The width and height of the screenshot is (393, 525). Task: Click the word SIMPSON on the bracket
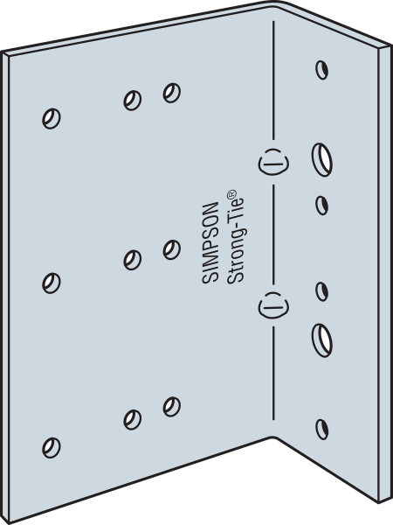(210, 242)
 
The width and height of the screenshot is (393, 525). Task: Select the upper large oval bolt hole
(322, 159)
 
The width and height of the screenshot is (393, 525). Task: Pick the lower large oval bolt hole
(322, 340)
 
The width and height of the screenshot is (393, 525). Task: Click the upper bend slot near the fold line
(273, 162)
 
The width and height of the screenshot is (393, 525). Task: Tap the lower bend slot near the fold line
(273, 305)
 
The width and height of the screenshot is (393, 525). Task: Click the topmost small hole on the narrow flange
(321, 70)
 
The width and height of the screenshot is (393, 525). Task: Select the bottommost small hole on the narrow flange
(321, 430)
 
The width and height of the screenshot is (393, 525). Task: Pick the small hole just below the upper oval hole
(321, 206)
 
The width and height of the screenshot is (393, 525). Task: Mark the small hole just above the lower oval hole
(321, 291)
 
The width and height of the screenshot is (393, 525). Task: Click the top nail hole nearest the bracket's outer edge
(52, 118)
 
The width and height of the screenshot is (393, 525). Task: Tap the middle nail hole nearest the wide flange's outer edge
(52, 283)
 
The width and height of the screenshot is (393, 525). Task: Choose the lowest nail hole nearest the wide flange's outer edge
(52, 448)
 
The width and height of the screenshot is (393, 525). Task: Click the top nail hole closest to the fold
(172, 93)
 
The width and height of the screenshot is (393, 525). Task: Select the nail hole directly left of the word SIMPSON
(172, 249)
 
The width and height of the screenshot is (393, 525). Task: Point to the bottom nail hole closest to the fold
(172, 407)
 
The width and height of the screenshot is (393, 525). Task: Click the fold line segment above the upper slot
(273, 80)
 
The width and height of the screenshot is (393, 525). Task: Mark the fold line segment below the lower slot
(273, 374)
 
